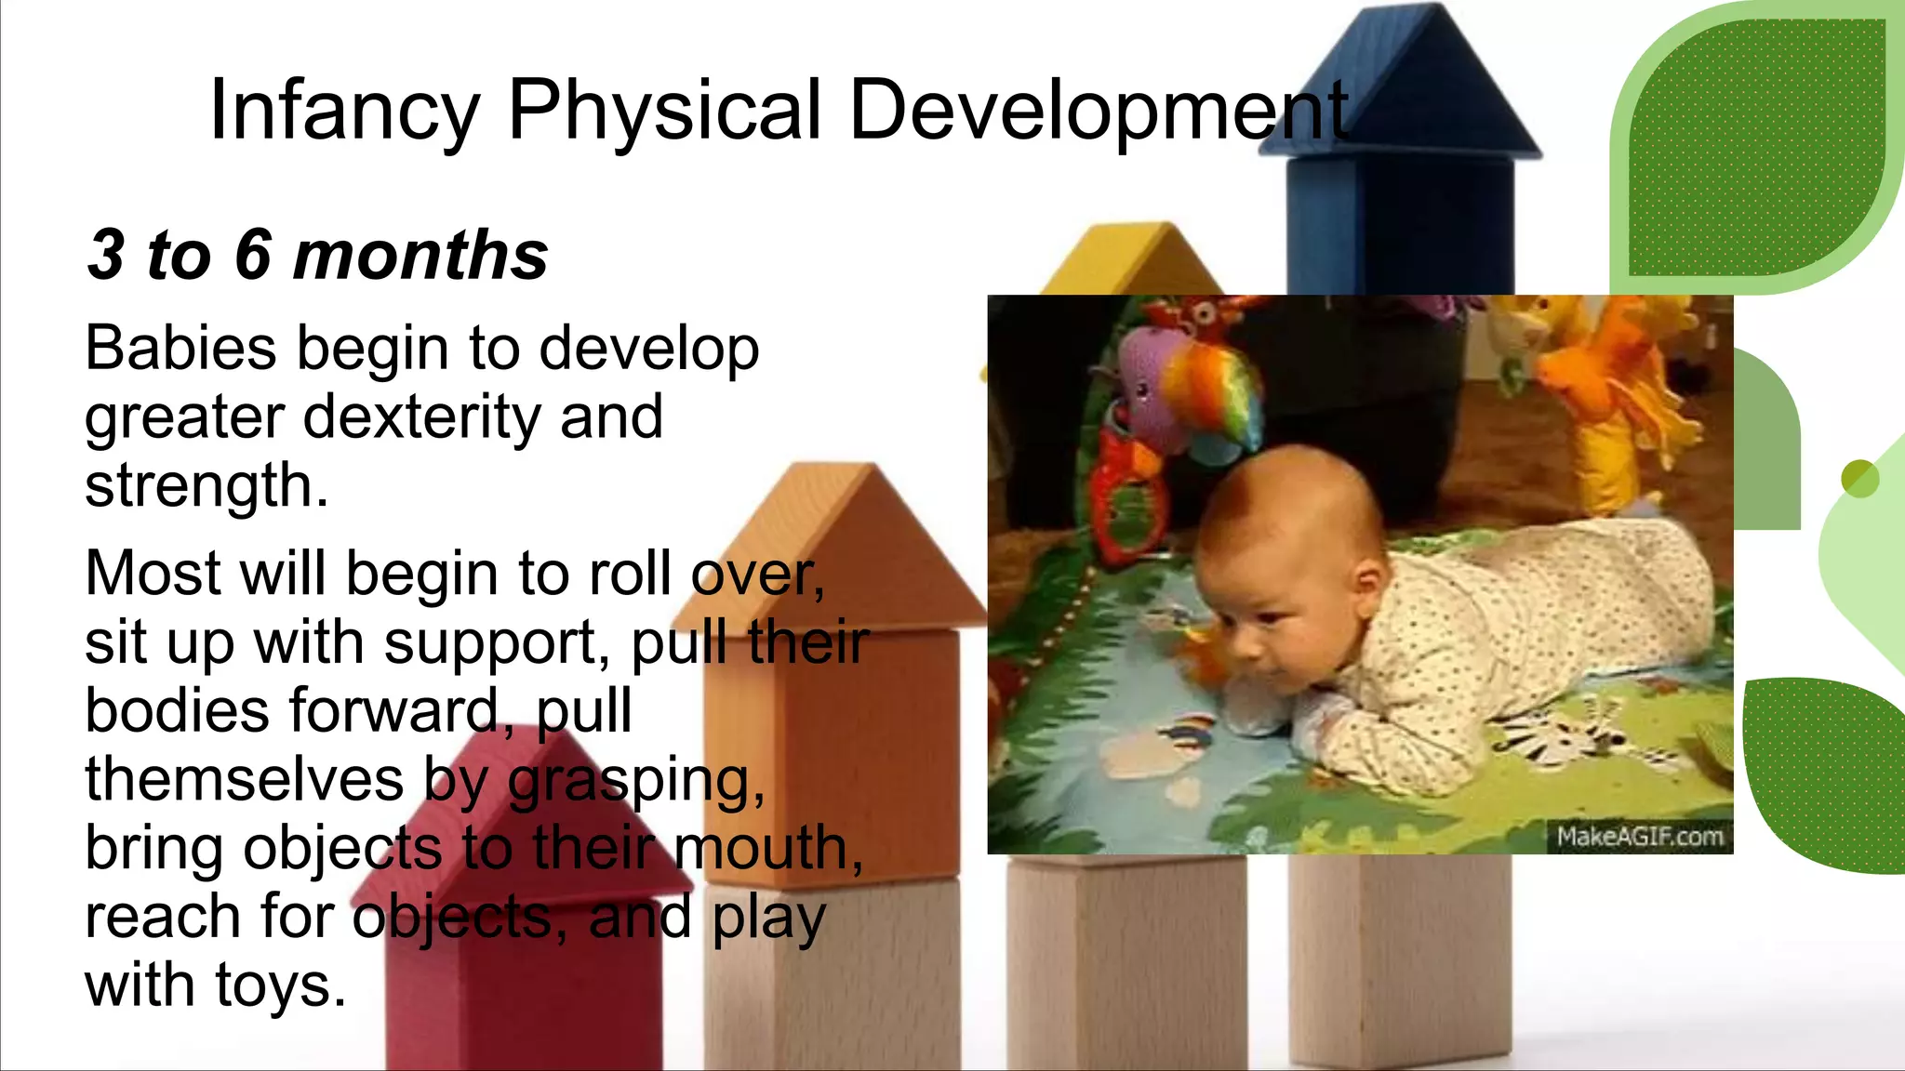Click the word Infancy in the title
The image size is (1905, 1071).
point(343,112)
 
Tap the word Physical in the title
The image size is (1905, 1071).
point(664,112)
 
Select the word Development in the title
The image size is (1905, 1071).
point(1098,112)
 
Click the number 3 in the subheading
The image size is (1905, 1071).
point(107,255)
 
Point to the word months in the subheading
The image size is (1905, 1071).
point(420,255)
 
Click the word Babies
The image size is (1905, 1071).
point(180,349)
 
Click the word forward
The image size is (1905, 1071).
point(395,710)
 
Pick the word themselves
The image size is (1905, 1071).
point(245,779)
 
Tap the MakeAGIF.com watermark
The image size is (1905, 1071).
point(1639,837)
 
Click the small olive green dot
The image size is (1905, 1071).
point(1859,479)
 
